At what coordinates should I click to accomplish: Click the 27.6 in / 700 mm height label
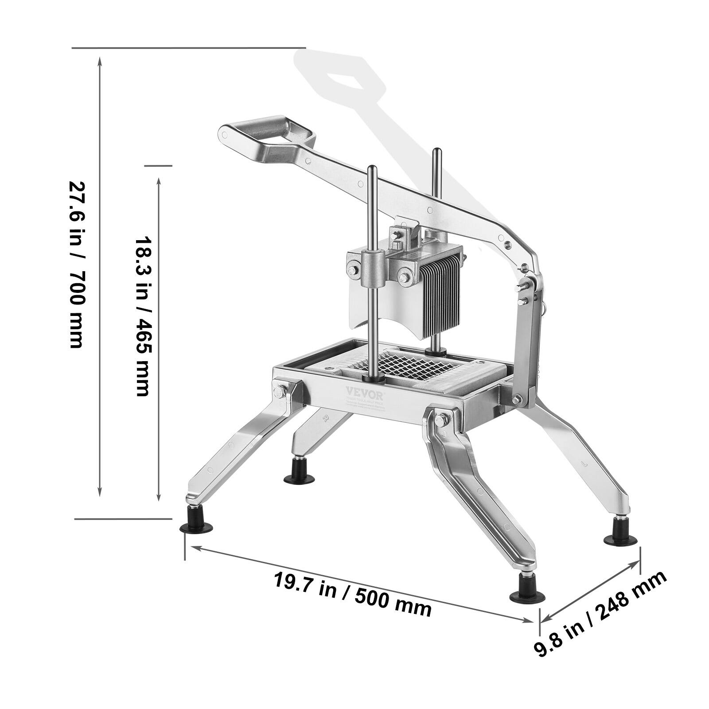click(76, 265)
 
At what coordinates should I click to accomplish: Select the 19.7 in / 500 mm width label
click(353, 594)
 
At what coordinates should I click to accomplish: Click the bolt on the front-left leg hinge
click(281, 390)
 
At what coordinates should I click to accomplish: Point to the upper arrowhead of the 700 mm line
click(100, 60)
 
